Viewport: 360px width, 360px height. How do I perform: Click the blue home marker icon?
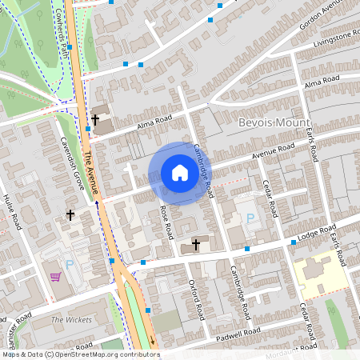tap(179, 173)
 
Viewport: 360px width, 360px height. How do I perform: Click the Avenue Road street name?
tap(274, 151)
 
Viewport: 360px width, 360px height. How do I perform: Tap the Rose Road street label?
tap(166, 222)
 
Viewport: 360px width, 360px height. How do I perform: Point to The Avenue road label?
tap(93, 175)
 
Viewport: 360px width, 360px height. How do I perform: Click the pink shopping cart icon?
tap(55, 278)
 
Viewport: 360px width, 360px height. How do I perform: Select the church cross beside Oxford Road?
tap(197, 245)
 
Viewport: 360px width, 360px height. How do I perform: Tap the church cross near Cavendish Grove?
tap(70, 215)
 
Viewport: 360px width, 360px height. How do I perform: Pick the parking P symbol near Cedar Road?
tap(250, 218)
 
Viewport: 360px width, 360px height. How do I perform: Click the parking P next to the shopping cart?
tap(69, 265)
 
